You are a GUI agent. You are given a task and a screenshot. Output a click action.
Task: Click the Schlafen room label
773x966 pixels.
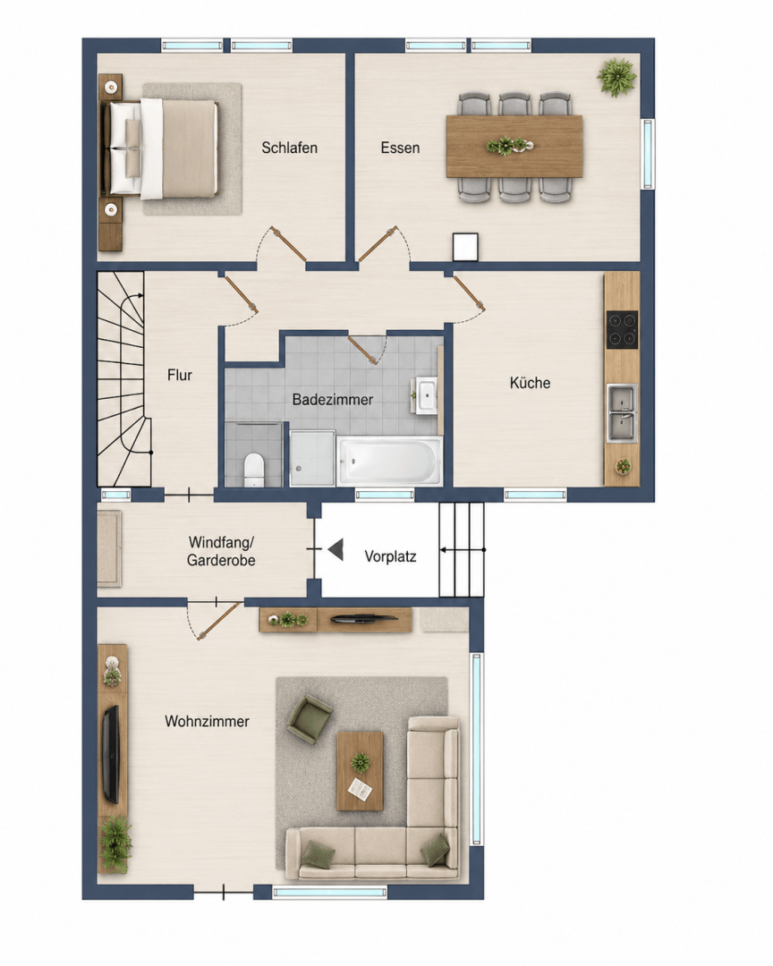[x=289, y=148]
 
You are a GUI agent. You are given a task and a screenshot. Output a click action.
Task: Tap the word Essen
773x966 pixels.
[x=400, y=148]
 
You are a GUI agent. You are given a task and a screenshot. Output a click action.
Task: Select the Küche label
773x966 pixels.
[x=531, y=383]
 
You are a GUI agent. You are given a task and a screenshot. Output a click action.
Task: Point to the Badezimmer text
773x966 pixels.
[x=333, y=400]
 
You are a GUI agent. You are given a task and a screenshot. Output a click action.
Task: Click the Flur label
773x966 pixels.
[x=179, y=375]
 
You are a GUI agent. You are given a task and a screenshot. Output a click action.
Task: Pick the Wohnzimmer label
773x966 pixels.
[x=208, y=722]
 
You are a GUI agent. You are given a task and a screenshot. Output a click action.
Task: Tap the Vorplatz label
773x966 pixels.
[x=390, y=557]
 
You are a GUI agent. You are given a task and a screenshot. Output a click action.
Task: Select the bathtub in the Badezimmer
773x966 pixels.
[x=389, y=461]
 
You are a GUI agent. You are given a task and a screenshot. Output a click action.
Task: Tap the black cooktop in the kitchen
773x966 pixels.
[x=622, y=329]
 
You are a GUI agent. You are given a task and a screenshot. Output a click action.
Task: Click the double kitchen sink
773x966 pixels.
[x=622, y=412]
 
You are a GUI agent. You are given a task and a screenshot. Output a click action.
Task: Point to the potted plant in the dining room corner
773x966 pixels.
[x=616, y=78]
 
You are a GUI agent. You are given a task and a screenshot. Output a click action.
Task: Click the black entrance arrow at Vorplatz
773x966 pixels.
[x=336, y=549]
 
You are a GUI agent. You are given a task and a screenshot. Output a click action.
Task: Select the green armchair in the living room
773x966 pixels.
[x=310, y=718]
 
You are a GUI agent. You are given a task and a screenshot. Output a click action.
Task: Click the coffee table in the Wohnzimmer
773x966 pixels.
[x=360, y=771]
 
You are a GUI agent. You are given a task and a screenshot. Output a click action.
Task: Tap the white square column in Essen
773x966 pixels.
[x=465, y=247]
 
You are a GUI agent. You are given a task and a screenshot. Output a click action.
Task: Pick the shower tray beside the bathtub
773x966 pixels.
[x=312, y=458]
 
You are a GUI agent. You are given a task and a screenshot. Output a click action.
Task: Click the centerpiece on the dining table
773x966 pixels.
[x=508, y=146]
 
